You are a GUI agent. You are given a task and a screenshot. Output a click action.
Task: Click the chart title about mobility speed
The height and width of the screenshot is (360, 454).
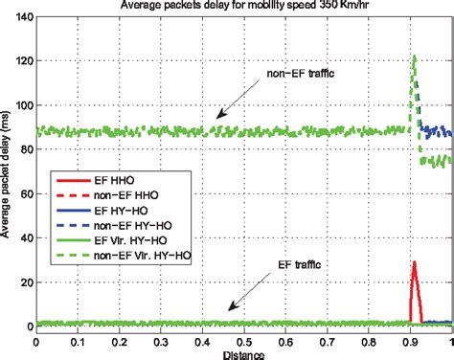coord(239,6)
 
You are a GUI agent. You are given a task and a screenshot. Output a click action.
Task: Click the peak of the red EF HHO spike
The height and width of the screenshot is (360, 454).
coord(414,261)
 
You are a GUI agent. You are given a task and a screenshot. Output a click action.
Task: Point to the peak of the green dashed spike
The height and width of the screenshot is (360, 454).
coord(414,57)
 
